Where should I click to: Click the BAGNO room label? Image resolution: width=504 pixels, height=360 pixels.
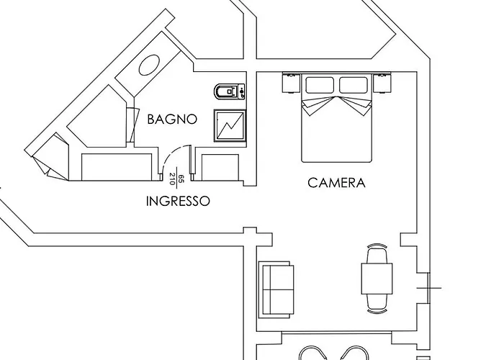pos(172,120)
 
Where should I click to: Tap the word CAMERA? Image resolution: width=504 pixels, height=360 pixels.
pos(336,183)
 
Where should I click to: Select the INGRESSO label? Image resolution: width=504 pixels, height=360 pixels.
pos(178,201)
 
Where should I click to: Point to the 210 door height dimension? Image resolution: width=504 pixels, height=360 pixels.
pos(172,179)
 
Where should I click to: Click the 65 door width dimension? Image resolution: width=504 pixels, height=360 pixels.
pos(181,179)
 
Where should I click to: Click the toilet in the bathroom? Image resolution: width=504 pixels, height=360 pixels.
pos(229,91)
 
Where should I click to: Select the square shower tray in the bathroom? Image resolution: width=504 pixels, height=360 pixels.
pos(230,126)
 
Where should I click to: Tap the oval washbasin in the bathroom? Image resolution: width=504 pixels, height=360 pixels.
pos(149,66)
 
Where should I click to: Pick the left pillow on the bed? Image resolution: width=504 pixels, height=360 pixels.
pos(319,85)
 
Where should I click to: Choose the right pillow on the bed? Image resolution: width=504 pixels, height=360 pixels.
pos(354,85)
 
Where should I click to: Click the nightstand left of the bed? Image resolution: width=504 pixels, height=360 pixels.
pos(291,83)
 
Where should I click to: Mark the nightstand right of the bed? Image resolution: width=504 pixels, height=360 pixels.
pos(382,83)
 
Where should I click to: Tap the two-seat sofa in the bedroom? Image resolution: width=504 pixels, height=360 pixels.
pos(276,289)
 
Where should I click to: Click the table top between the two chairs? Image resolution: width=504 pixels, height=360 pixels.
pos(377,279)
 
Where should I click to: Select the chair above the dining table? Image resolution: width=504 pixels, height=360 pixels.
pos(377,254)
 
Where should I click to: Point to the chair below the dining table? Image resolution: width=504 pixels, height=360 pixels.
pos(377,303)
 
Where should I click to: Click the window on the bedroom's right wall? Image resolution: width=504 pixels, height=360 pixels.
pos(429,288)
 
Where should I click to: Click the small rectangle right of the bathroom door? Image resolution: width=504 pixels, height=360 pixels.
pos(220,167)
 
